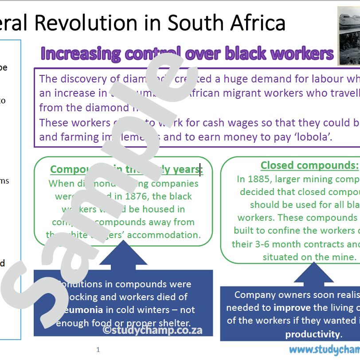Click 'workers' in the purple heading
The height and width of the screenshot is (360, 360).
pyautogui.click(x=302, y=54)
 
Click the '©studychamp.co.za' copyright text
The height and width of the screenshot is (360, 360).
pyautogui.click(x=153, y=330)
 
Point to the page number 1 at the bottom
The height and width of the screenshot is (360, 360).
pyautogui.click(x=98, y=350)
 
